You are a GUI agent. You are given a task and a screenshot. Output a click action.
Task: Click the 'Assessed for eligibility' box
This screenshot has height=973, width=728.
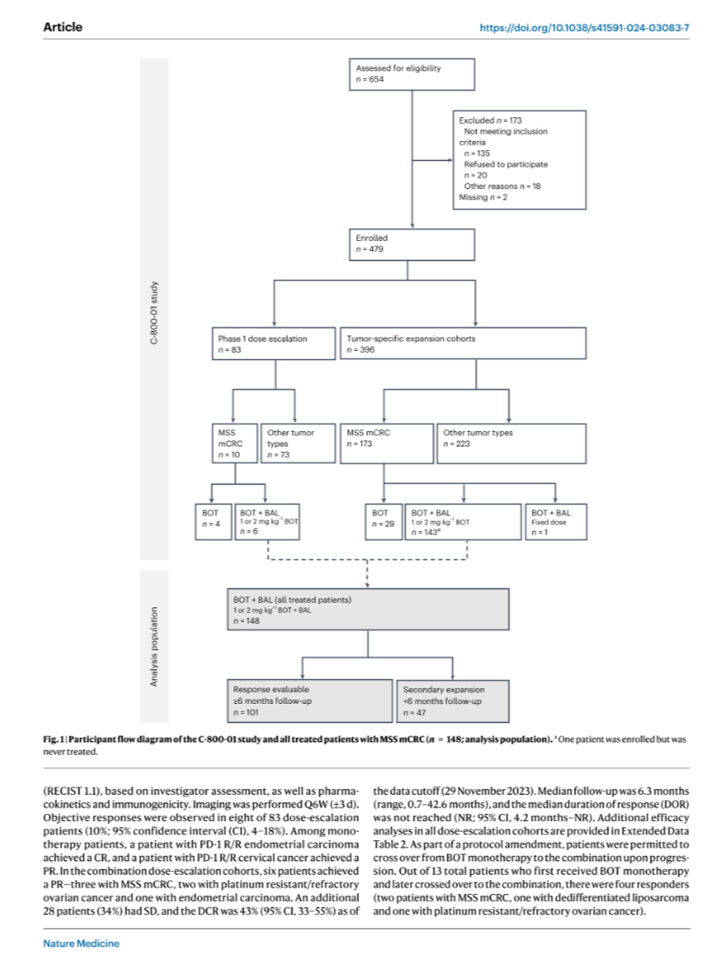[412, 75]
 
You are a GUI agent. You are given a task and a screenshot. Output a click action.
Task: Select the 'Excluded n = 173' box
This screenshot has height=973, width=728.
[520, 159]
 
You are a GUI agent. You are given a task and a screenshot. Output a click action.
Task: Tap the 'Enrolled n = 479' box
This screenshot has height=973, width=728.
[412, 245]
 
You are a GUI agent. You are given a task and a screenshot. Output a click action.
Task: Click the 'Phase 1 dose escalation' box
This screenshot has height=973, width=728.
[274, 344]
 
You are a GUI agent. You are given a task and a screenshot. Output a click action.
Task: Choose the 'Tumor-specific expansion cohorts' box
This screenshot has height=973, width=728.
[464, 344]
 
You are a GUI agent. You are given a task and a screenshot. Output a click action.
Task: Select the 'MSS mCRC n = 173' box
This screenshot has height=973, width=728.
[387, 443]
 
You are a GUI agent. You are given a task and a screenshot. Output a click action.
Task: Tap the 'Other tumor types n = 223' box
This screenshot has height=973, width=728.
[512, 443]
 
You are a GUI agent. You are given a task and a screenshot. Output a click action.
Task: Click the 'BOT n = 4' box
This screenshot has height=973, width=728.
[214, 522]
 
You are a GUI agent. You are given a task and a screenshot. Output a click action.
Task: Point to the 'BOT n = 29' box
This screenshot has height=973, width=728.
[384, 522]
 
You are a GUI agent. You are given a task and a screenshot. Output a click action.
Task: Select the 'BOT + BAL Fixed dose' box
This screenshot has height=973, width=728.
[555, 522]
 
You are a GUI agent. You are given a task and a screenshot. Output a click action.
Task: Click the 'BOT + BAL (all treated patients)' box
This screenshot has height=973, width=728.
[368, 609]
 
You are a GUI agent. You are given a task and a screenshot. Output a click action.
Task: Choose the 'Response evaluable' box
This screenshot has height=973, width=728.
[309, 700]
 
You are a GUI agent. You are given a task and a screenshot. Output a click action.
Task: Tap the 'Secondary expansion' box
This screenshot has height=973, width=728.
[453, 700]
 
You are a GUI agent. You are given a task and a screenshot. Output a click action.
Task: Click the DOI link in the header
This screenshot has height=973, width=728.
[584, 28]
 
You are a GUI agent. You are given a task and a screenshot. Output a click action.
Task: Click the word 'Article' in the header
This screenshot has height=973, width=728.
[63, 26]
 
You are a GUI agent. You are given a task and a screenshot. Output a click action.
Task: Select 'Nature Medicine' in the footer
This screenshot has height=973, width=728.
[81, 943]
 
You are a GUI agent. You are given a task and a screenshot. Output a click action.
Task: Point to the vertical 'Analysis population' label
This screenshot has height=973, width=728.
[154, 647]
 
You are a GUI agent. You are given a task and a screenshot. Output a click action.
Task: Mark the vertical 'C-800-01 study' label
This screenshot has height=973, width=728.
[154, 313]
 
